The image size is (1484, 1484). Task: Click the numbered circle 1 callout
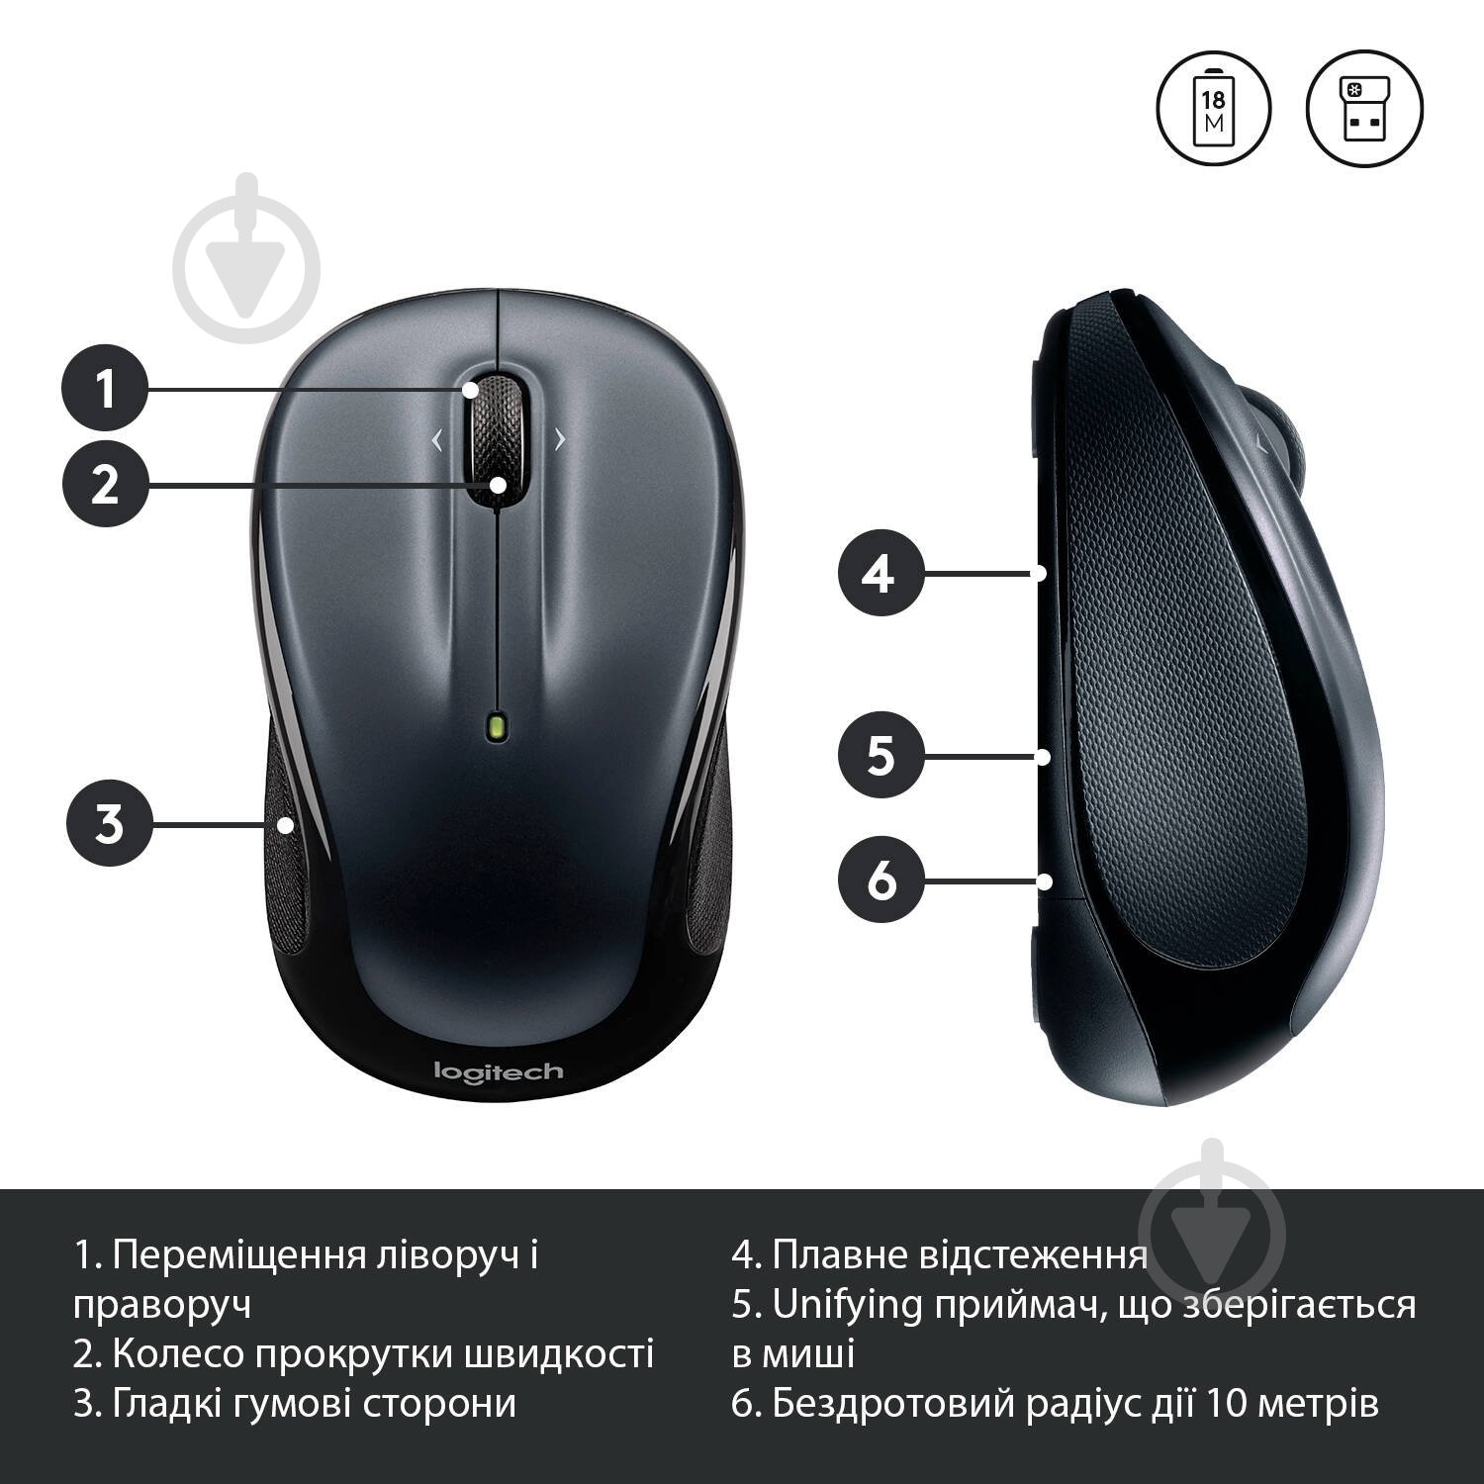[105, 387]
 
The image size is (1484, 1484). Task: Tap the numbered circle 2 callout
[105, 484]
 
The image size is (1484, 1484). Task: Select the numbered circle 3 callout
[109, 823]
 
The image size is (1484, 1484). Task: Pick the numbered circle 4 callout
[881, 573]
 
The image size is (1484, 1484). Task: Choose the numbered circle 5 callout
[881, 756]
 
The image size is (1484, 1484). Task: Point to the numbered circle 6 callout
[881, 879]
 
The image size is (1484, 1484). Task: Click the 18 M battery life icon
[1213, 108]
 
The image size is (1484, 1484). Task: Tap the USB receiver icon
[1364, 108]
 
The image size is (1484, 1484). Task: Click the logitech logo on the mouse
[498, 1071]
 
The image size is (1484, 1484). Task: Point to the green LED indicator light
[496, 726]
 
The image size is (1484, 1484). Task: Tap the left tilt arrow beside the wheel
[436, 440]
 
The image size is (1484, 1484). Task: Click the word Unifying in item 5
[846, 1306]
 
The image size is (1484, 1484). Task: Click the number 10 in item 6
[1227, 1404]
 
